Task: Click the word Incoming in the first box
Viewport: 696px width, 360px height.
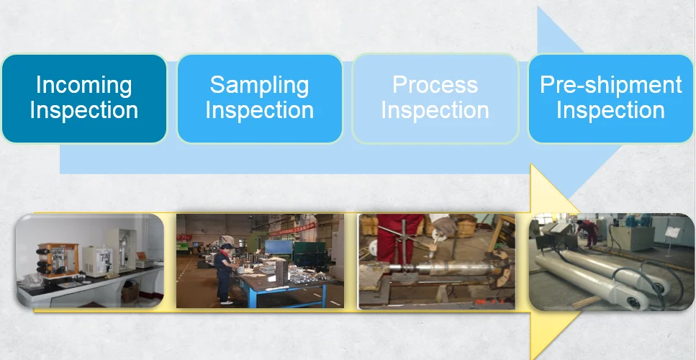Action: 84,85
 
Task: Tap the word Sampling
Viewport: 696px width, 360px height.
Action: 259,85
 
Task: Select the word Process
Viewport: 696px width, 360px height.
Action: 435,84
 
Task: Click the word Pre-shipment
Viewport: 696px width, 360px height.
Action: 611,84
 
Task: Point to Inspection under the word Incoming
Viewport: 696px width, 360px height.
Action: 84,110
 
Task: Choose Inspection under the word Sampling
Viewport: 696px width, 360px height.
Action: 259,110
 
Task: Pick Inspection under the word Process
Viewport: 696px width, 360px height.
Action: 435,110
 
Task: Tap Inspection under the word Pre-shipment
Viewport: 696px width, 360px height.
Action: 611,110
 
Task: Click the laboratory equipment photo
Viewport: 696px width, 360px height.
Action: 90,261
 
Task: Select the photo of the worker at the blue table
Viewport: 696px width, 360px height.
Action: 260,261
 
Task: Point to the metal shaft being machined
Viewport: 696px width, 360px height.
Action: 444,269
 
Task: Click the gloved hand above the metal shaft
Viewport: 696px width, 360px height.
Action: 443,225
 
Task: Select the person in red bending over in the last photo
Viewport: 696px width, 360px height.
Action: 588,233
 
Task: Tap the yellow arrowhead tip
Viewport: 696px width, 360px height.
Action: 580,210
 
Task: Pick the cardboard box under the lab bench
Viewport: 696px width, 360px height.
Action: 130,292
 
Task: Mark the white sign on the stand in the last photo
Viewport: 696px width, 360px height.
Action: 672,232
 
